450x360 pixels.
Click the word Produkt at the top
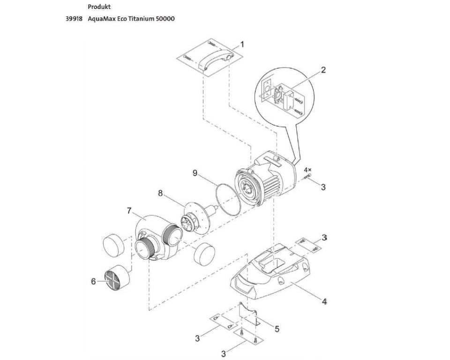click(x=99, y=7)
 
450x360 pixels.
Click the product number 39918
click(x=74, y=19)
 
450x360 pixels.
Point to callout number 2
click(x=323, y=70)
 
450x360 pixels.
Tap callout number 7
click(x=129, y=211)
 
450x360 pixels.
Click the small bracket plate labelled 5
click(x=248, y=314)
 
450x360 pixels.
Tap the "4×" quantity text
click(x=307, y=170)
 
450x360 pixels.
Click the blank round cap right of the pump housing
click(x=204, y=253)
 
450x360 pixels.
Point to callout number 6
click(x=93, y=281)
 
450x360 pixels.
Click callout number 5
click(x=277, y=329)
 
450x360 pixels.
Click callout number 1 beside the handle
click(x=242, y=45)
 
